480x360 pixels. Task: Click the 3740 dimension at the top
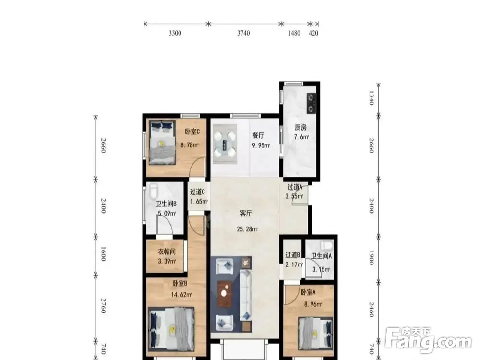[243, 33]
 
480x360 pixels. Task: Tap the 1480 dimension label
[294, 33]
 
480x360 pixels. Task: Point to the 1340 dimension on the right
[371, 98]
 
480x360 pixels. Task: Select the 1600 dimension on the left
[103, 254]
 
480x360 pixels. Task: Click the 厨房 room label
[300, 127]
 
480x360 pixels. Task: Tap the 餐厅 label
[258, 135]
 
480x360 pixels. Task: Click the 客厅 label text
[245, 214]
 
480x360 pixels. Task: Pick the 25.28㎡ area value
[247, 228]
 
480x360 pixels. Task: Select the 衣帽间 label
[167, 252]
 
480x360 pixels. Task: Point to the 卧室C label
[192, 132]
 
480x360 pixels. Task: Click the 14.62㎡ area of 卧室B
[181, 295]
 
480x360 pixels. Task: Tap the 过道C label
[197, 192]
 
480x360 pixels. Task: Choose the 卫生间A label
[322, 256]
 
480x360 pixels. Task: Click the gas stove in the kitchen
[312, 103]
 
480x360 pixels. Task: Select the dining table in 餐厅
[225, 144]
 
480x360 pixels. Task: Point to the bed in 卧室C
[162, 143]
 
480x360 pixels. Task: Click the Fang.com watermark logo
[428, 340]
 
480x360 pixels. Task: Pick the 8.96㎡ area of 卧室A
[313, 304]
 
